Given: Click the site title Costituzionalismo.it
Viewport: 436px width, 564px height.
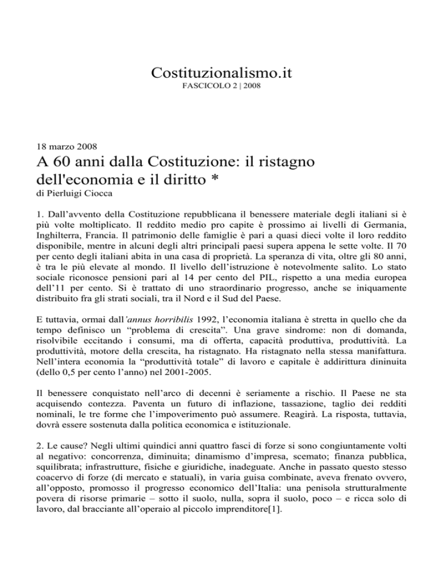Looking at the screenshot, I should (219, 73).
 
